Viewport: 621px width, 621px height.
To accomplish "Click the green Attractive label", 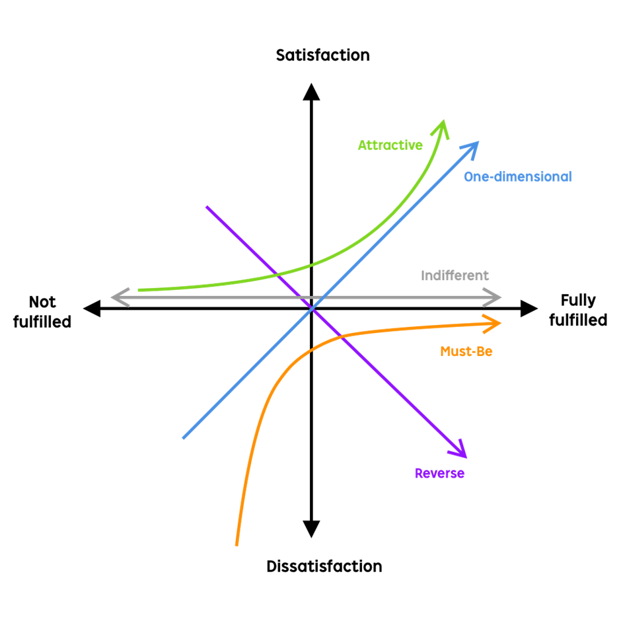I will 390,145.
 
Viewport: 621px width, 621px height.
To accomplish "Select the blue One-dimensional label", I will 517,177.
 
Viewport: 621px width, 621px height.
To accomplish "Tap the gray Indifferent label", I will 455,275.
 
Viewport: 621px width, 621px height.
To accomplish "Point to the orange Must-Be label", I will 466,351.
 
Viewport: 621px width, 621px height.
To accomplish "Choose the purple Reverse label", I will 439,474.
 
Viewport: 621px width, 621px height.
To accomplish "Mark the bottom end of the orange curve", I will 237,546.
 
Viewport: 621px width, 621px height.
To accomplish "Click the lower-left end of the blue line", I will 183,438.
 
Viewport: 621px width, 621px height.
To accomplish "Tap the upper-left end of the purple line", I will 207,207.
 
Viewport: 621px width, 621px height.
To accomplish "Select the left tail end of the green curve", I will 138,289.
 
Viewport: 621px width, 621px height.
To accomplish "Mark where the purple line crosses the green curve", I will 277,273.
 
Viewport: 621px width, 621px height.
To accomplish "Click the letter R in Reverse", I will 418,474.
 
